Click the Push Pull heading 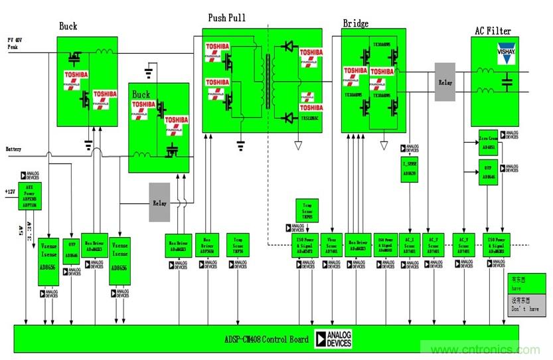pos(226,18)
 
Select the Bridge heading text pos(356,24)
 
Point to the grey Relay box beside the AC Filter pos(445,82)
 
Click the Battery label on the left pos(14,148)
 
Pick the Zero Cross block pos(488,141)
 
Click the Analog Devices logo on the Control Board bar pos(333,339)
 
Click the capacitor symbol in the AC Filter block pos(507,82)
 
